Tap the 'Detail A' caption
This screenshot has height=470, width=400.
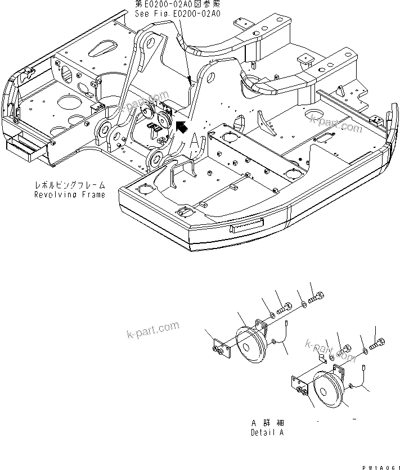pyautogui.click(x=267, y=433)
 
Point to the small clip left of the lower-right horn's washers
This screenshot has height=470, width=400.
pyautogui.click(x=321, y=358)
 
